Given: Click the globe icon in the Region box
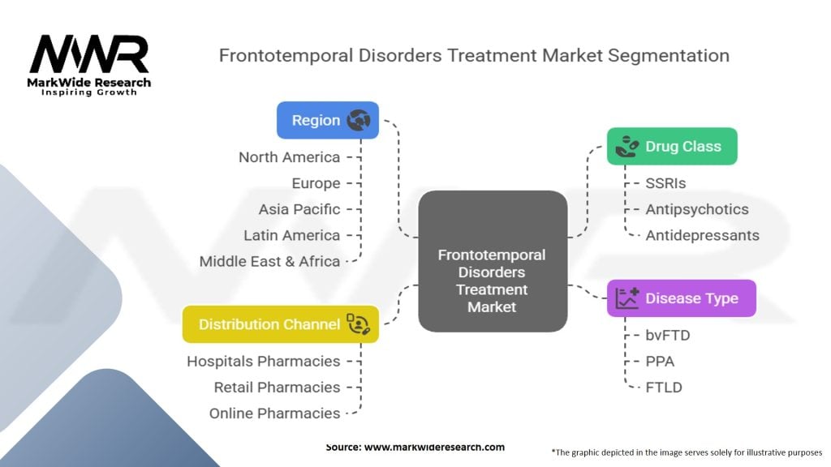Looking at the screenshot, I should click(358, 121).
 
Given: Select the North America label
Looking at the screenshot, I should click(289, 157).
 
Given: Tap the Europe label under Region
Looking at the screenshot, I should click(316, 183).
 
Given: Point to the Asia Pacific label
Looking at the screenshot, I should click(299, 209).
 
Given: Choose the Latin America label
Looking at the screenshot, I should click(291, 235).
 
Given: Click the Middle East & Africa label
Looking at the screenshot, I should click(269, 261).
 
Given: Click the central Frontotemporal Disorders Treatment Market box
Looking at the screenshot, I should click(492, 260).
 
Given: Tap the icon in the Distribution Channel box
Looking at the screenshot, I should click(358, 324).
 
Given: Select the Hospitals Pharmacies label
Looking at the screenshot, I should click(263, 361).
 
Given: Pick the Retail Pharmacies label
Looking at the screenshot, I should click(277, 387).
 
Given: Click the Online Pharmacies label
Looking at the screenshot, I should click(274, 413).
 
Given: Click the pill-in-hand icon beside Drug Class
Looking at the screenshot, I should click(626, 147).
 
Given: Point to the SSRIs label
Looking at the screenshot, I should click(665, 183).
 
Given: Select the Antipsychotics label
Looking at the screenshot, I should click(696, 209).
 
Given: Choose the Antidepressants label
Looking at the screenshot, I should click(702, 235).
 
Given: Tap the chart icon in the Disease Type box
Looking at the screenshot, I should click(626, 298).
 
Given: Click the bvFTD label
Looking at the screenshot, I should click(668, 335).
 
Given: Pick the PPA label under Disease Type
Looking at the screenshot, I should click(660, 361).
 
